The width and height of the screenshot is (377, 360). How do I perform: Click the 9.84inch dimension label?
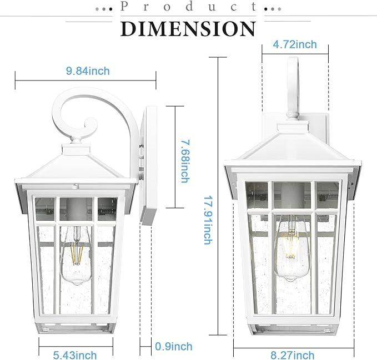[87, 71]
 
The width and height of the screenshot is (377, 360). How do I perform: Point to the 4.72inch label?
[295, 44]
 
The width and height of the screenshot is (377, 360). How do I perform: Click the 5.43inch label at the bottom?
[74, 355]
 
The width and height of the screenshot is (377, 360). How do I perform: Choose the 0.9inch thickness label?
[174, 347]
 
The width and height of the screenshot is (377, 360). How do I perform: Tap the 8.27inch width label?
[293, 355]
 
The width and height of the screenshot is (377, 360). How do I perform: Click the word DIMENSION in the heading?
[188, 28]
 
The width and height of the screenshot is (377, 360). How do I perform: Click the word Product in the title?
[188, 7]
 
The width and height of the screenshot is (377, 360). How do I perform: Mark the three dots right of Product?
[272, 9]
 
